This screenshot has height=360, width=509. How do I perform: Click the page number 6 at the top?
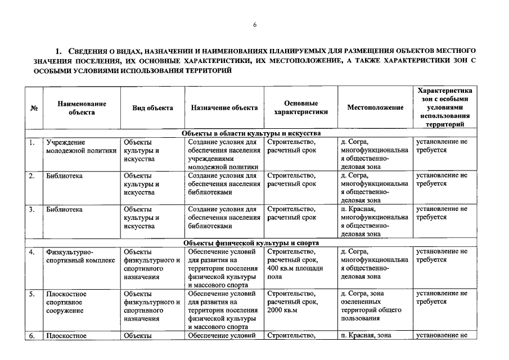point(254,25)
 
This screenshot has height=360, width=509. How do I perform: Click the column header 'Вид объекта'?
point(152,108)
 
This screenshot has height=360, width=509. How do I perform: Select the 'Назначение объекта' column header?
point(224,108)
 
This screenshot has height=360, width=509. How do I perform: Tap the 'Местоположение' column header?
point(375,108)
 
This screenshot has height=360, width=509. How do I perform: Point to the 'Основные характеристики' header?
point(301,108)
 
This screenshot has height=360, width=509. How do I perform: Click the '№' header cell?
point(34,108)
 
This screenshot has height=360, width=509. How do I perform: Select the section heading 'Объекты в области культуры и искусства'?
point(251,133)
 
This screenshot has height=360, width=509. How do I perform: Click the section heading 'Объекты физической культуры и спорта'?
point(251,243)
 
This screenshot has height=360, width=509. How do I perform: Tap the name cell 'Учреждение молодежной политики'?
point(82,146)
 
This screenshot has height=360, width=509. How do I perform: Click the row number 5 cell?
point(33,294)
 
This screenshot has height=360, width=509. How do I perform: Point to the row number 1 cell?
point(33,142)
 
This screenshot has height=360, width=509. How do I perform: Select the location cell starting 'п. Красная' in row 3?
point(375,221)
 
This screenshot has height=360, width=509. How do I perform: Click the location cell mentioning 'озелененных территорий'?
point(375,306)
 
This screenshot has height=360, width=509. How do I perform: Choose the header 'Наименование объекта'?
point(82,108)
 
